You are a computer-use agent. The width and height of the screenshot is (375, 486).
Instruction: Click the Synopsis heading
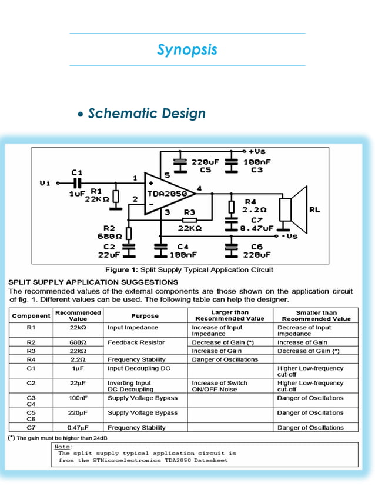click(x=187, y=49)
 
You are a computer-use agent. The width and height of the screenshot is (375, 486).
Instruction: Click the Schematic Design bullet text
click(x=146, y=113)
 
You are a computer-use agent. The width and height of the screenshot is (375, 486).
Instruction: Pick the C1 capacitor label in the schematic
click(x=76, y=172)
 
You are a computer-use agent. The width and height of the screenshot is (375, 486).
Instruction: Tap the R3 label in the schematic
click(x=189, y=212)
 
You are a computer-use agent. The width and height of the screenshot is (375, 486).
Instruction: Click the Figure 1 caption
click(x=188, y=269)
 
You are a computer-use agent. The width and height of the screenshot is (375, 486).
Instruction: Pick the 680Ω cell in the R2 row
click(x=78, y=342)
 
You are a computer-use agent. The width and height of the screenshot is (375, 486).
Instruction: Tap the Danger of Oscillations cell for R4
click(x=225, y=359)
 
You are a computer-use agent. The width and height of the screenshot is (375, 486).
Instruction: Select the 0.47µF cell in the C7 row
click(x=78, y=427)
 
